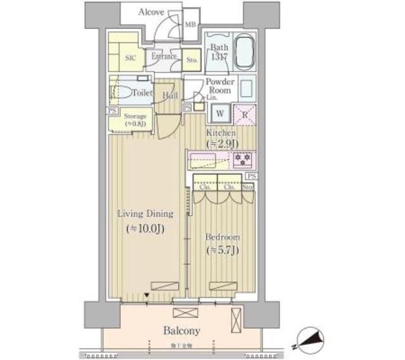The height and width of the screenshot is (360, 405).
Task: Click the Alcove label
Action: tap(152, 12)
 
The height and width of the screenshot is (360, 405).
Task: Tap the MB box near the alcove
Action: tap(190, 25)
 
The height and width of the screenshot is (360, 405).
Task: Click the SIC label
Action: tap(130, 58)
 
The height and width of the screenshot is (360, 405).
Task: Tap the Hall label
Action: tap(170, 96)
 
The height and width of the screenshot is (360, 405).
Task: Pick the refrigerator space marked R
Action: tap(244, 115)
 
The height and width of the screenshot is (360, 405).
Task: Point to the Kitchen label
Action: tap(221, 133)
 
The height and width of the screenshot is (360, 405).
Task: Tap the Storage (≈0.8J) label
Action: tap(135, 120)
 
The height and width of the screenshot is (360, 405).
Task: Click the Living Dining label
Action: tap(145, 214)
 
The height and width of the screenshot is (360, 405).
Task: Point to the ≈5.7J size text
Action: tap(221, 251)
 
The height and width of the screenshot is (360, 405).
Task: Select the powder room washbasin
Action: tap(246, 86)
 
